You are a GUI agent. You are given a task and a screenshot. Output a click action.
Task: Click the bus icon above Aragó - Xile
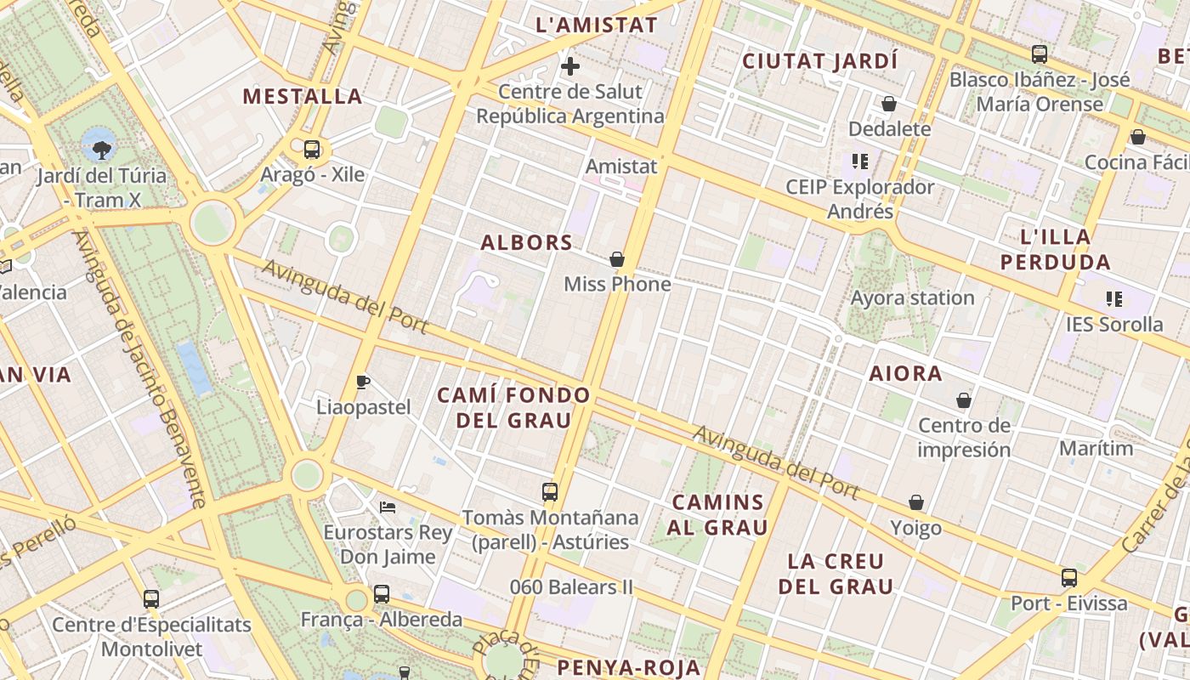[312, 150]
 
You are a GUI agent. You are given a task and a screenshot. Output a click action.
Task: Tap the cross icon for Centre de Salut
[570, 65]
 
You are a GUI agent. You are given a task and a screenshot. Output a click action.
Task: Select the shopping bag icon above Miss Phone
[617, 259]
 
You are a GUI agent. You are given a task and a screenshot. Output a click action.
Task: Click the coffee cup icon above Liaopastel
[363, 382]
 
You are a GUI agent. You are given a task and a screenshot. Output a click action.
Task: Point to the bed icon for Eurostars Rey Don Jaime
[388, 507]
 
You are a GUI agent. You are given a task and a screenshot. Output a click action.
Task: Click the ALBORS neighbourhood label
[527, 243]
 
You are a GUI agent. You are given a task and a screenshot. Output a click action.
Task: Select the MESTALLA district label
[303, 96]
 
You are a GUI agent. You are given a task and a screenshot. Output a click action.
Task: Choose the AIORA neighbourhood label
[905, 373]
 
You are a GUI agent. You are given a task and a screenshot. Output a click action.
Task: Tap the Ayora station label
[912, 297]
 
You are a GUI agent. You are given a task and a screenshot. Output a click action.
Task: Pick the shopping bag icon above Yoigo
[916, 503]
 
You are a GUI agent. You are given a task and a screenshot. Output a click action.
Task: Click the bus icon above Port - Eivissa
[1069, 578]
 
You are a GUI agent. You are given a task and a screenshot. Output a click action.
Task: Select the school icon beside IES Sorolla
[1114, 299]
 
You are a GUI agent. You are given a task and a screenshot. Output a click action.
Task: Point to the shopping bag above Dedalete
[889, 104]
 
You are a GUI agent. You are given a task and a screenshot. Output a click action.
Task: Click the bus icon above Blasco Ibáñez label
[1040, 54]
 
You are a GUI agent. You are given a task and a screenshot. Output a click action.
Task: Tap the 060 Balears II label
[572, 586]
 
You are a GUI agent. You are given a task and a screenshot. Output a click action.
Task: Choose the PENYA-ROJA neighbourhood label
[630, 667]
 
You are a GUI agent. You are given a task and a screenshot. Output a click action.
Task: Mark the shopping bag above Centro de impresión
[964, 400]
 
